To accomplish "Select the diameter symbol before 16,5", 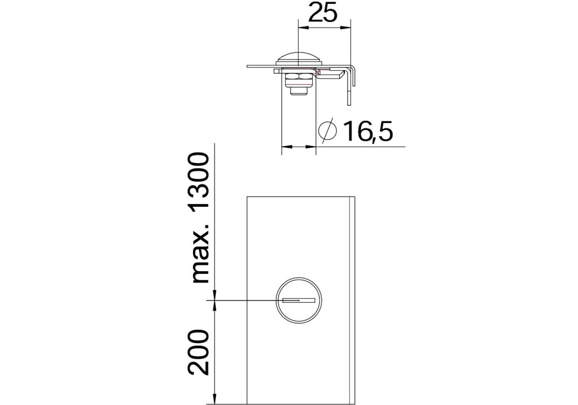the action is click(327, 130).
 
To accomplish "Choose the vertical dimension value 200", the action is click(199, 352).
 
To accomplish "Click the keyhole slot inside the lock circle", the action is click(299, 301).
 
